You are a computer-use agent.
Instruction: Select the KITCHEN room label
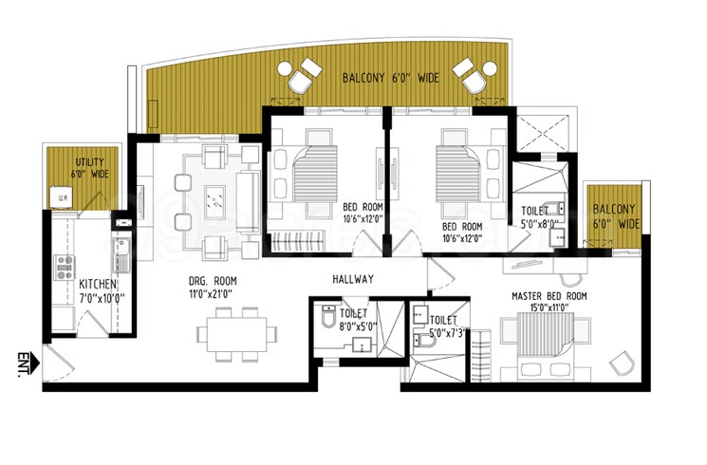click(x=98, y=284)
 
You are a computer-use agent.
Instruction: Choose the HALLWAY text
click(x=352, y=279)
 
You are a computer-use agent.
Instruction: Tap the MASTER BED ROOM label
click(x=549, y=296)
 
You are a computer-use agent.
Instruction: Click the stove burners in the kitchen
click(x=65, y=266)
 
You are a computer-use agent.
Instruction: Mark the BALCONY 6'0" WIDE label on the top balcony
click(x=390, y=79)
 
